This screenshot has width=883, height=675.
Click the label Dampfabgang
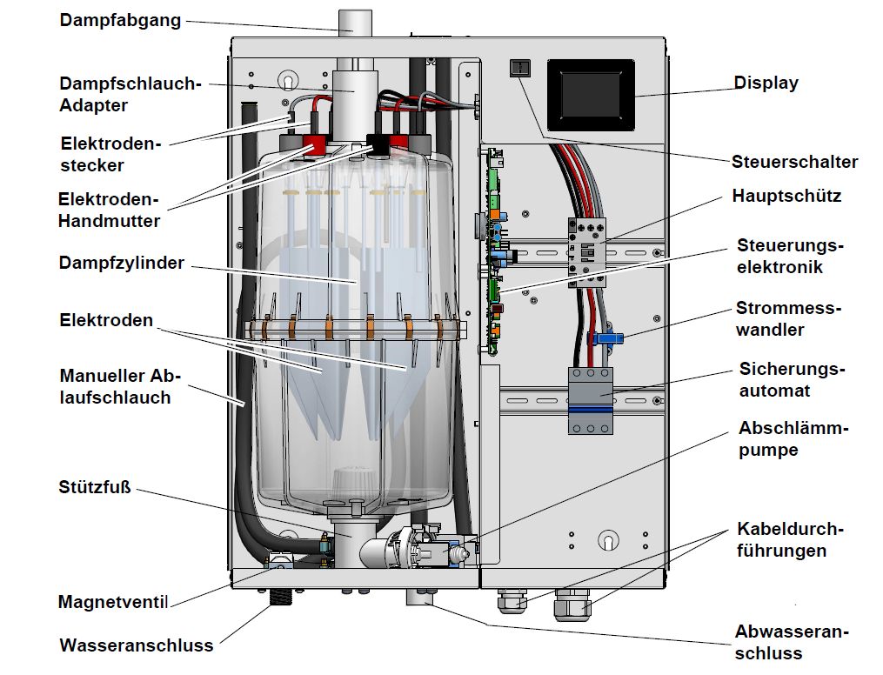(x=120, y=20)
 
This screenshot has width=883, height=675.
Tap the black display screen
(x=591, y=93)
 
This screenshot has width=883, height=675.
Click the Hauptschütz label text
(x=786, y=196)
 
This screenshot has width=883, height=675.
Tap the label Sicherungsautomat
(x=792, y=379)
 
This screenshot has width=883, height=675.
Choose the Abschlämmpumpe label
(x=793, y=439)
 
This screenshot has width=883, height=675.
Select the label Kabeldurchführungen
(x=791, y=539)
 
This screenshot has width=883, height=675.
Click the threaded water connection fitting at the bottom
(x=281, y=597)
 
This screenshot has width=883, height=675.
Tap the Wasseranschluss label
(x=137, y=645)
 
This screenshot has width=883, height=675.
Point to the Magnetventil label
(x=113, y=601)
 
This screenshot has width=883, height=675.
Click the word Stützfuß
(x=95, y=485)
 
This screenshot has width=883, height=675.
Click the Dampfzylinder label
(x=122, y=262)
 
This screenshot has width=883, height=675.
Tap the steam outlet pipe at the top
(x=351, y=22)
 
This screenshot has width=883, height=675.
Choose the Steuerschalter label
(x=794, y=162)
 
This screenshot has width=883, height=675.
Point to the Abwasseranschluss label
(x=792, y=642)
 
